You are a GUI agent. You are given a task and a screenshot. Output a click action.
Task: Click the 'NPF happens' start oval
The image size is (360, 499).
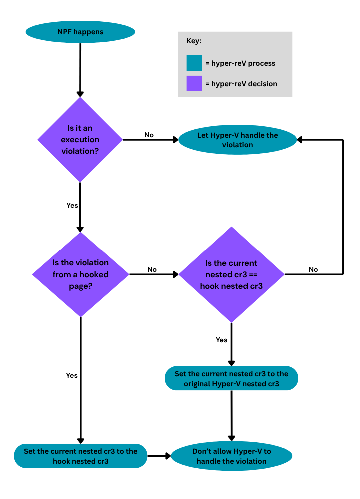(80, 32)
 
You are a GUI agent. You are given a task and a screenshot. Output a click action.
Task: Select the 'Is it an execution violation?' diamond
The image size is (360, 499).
(80, 139)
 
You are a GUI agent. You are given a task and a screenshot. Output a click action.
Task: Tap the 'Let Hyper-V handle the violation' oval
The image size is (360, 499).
(237, 140)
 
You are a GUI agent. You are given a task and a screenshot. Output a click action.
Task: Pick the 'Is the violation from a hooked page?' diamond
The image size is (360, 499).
(80, 274)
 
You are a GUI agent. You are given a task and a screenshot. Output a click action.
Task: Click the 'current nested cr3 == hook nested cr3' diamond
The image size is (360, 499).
(231, 274)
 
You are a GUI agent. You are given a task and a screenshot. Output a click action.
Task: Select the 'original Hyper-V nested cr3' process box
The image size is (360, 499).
(231, 379)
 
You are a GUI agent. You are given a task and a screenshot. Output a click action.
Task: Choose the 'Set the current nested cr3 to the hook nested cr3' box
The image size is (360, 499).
(80, 455)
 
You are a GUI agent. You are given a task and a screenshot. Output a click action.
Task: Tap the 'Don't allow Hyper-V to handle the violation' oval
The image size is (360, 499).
(231, 456)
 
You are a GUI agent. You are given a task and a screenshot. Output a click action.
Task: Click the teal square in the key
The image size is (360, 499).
(194, 63)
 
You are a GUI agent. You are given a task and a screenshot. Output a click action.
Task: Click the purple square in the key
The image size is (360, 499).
(194, 83)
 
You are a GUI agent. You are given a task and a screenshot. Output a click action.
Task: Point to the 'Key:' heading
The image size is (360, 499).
(194, 41)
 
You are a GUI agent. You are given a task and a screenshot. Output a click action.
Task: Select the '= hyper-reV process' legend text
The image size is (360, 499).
(240, 63)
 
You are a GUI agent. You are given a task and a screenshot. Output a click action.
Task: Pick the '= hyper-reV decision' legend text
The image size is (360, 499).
(241, 84)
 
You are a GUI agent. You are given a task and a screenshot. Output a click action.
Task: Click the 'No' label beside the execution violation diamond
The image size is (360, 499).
(149, 135)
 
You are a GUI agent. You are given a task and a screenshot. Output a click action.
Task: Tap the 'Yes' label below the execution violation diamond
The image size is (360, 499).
(72, 205)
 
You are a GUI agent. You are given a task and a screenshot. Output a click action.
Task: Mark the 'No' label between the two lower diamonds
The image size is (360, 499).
(152, 269)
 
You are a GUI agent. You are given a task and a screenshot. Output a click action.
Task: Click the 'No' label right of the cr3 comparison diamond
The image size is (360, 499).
(313, 269)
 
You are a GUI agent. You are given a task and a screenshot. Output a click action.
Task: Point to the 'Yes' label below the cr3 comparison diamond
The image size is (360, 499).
(221, 340)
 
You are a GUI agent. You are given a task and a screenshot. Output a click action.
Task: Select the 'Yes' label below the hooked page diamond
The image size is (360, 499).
(72, 375)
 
